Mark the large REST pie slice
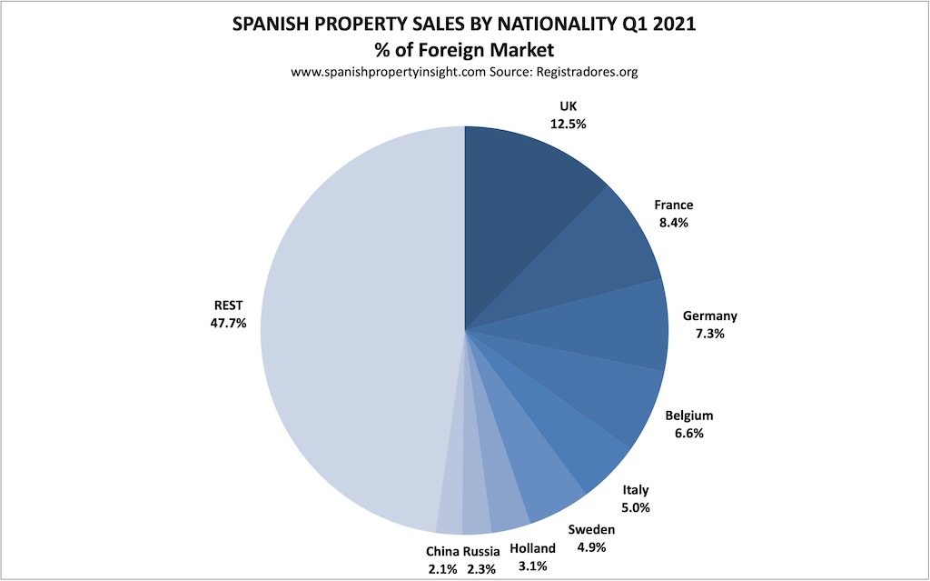pos(354,336)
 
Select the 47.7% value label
pos(228,322)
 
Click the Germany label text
pos(710,316)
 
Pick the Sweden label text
pos(591,530)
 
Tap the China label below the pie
pos(442,550)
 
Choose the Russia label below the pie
pos(481,550)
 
